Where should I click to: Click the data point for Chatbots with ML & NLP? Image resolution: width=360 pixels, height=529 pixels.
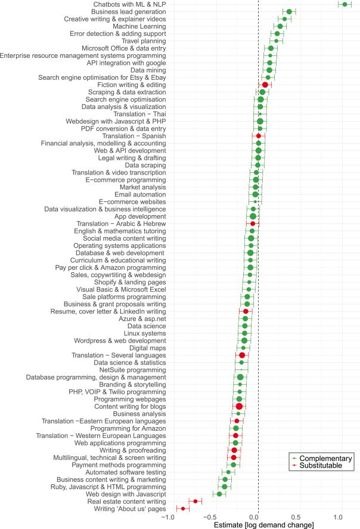point(345,4)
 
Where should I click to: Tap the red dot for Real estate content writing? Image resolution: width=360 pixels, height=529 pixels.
point(195,501)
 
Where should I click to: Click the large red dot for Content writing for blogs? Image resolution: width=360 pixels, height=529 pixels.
point(240,406)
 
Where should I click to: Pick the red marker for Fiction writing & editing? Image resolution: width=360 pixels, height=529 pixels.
point(265,85)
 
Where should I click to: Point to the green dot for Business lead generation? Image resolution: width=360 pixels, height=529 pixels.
point(289,11)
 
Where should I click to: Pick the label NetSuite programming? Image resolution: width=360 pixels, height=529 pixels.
point(132,370)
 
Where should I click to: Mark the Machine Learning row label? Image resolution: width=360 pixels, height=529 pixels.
point(135,26)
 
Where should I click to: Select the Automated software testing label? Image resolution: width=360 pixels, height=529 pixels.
point(119,472)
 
